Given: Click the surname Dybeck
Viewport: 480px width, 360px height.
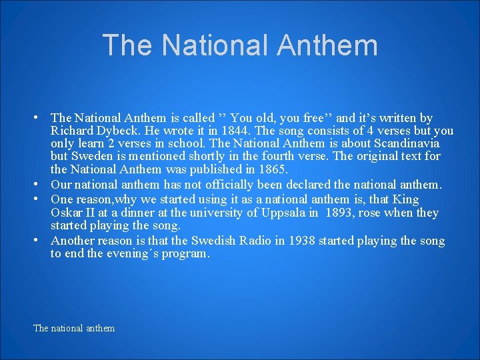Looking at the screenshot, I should [117, 131].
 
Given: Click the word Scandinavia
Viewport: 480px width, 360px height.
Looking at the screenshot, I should [407, 144].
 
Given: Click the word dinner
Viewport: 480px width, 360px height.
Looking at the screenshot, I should [142, 213].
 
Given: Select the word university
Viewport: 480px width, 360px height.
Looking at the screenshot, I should [214, 213].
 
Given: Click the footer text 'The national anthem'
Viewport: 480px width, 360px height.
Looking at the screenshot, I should [74, 328].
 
